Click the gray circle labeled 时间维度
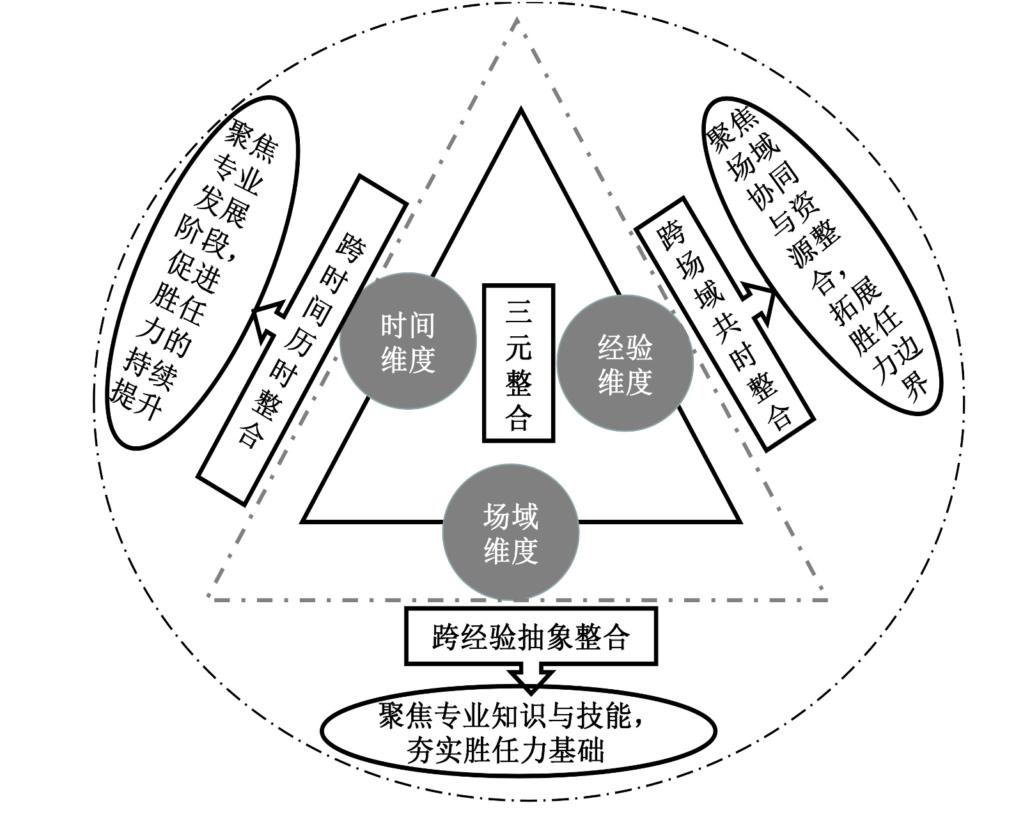click(x=408, y=342)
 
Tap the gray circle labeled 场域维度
click(x=511, y=533)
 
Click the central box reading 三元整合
click(x=519, y=362)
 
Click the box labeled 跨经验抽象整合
click(x=531, y=637)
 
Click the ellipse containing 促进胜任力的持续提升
click(x=203, y=272)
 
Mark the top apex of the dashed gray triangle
click(x=517, y=18)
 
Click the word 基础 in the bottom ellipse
click(x=581, y=751)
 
